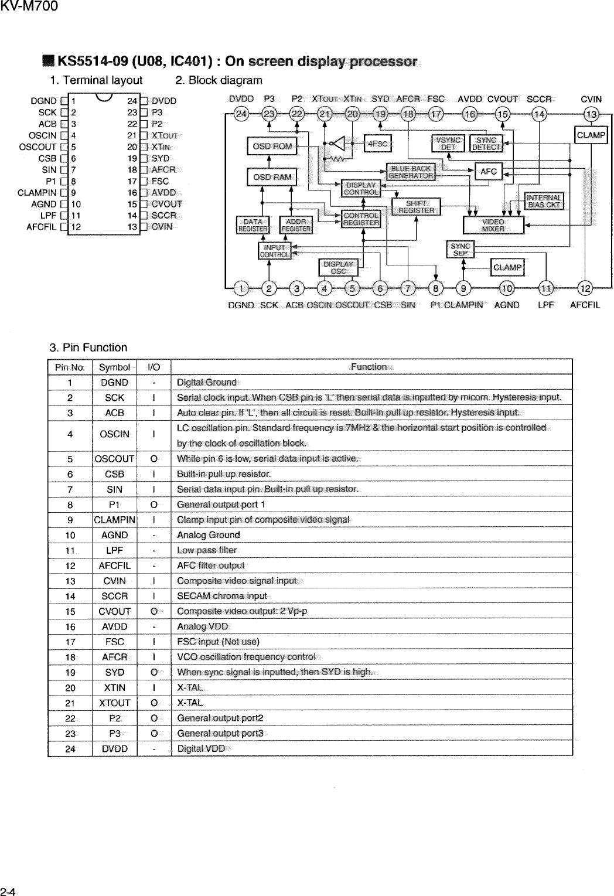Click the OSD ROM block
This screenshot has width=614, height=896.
(x=272, y=146)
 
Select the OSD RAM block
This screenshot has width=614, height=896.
(x=272, y=177)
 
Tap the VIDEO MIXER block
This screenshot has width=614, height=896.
(x=493, y=226)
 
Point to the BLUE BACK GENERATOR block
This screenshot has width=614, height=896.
(x=411, y=172)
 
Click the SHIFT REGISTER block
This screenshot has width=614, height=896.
(x=416, y=207)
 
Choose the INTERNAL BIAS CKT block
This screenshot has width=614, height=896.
(x=544, y=201)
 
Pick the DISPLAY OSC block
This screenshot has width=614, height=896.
(x=338, y=267)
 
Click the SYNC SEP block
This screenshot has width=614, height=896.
(x=460, y=250)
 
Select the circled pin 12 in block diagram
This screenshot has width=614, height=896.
(x=585, y=288)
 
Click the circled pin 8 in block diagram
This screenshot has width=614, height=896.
(x=435, y=288)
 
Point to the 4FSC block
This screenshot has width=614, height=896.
(x=378, y=143)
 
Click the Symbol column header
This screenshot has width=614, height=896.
(x=114, y=367)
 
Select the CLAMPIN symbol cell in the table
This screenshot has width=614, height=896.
(x=114, y=520)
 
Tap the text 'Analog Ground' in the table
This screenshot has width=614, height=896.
(x=208, y=535)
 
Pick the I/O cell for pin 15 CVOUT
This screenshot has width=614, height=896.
(x=153, y=611)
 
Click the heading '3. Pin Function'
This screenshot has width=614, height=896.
(x=88, y=348)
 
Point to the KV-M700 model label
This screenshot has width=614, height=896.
(x=29, y=7)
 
